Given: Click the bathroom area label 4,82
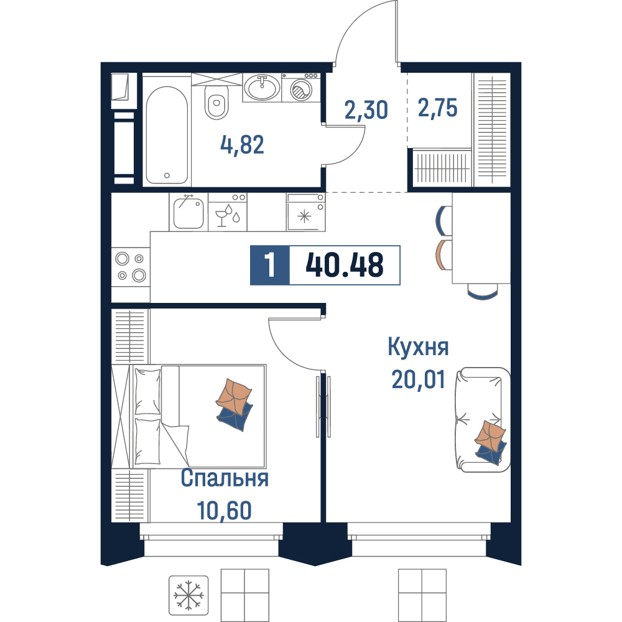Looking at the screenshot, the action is point(242,144).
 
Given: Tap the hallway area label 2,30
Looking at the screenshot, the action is point(366,110).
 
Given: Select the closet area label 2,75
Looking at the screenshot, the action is point(437,108).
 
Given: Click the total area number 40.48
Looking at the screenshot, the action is point(345,265).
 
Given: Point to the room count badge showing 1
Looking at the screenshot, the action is point(270,265).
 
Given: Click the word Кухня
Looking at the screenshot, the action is point(418,346).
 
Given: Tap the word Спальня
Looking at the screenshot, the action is point(225,478).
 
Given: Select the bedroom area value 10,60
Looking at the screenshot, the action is point(224,510).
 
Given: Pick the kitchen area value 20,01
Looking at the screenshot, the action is point(418,379).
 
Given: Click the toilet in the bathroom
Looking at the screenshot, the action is point(216,103).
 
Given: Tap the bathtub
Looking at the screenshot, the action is point(167,135).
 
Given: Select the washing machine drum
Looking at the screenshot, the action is point(301,90).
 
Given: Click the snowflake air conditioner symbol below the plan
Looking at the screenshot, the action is point(188,595).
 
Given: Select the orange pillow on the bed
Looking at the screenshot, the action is point(234,397).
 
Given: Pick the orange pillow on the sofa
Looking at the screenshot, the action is point(490,435).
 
